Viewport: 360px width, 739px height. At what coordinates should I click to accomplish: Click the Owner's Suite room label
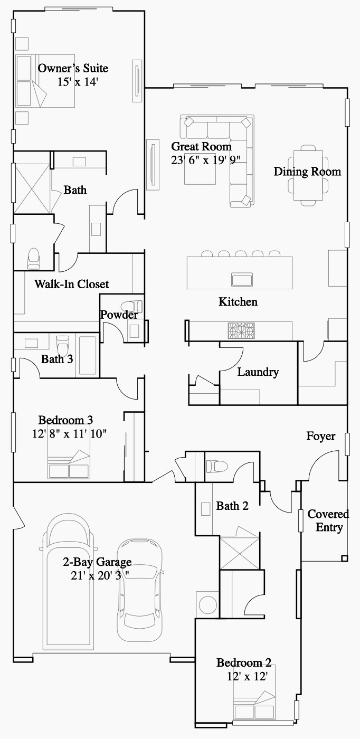pyautogui.click(x=73, y=68)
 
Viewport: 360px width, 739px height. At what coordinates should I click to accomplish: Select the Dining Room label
pyautogui.click(x=307, y=172)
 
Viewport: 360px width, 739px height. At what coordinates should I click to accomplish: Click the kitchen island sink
pyautogui.click(x=242, y=278)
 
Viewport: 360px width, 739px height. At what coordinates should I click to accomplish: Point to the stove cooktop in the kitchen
pyautogui.click(x=241, y=330)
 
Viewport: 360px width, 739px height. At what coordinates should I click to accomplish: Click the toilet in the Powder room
pyautogui.click(x=131, y=307)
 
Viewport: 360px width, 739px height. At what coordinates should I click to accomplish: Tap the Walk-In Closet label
pyautogui.click(x=71, y=284)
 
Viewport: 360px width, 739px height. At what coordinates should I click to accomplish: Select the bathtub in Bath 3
pyautogui.click(x=87, y=355)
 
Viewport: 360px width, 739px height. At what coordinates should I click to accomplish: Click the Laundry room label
pyautogui.click(x=258, y=372)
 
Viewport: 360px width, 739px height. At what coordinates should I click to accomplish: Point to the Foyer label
pyautogui.click(x=320, y=436)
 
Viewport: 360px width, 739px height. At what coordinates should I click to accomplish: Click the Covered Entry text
pyautogui.click(x=328, y=520)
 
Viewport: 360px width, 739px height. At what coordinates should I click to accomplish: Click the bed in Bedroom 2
pyautogui.click(x=255, y=708)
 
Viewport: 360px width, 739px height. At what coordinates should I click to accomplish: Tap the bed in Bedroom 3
pyautogui.click(x=69, y=465)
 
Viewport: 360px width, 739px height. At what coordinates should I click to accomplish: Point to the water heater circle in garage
pyautogui.click(x=207, y=604)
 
